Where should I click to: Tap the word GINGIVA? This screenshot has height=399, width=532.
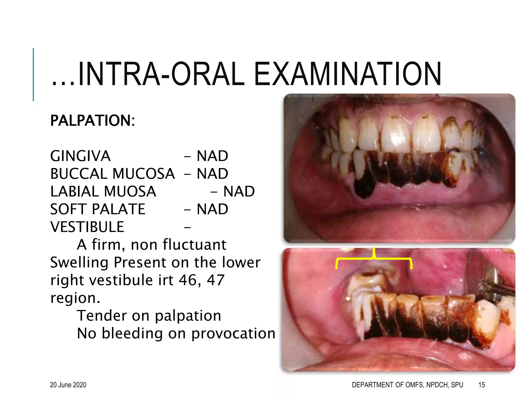[80, 156]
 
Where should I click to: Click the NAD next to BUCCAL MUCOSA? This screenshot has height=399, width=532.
[212, 174]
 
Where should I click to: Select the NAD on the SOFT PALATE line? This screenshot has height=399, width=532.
[212, 209]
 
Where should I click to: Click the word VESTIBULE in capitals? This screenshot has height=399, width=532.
[87, 227]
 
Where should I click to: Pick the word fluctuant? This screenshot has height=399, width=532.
[194, 245]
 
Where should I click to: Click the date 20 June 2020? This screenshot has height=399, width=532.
[68, 385]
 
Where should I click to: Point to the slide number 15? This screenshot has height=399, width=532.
[482, 385]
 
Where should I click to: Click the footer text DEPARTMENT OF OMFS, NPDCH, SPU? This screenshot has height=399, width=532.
[407, 385]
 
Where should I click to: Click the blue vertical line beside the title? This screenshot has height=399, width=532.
[33, 75]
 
